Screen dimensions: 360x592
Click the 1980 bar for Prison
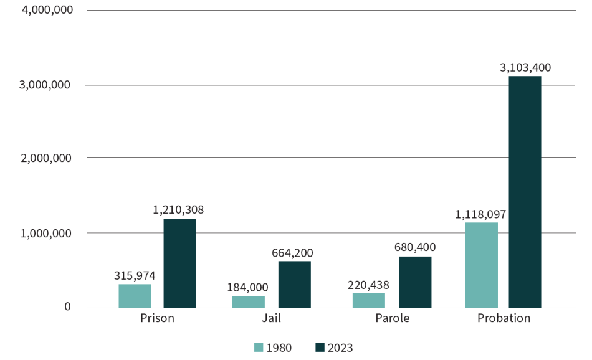[x=135, y=296]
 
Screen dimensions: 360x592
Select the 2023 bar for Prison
[x=179, y=263]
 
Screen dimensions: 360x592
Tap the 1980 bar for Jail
[x=249, y=301]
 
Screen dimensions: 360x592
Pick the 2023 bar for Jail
[x=294, y=284]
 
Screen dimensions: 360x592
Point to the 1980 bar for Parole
[x=369, y=300]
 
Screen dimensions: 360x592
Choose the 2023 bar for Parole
[x=415, y=282]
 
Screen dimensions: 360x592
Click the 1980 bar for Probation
[x=481, y=265]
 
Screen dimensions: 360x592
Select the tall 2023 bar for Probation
[x=525, y=192]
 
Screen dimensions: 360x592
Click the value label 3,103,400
[x=525, y=68]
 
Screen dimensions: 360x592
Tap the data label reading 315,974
[x=135, y=275]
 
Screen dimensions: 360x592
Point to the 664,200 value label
[x=292, y=253]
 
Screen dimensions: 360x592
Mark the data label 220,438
[x=368, y=284]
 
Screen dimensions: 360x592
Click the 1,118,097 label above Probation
[x=480, y=214]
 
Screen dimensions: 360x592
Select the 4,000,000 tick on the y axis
[x=47, y=11]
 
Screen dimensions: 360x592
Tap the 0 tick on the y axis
[x=67, y=307]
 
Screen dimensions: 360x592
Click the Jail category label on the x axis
[x=271, y=318]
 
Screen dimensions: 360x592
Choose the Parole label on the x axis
[x=393, y=318]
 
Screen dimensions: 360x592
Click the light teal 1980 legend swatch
[x=259, y=348]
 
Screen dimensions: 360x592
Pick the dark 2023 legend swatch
[x=320, y=348]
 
